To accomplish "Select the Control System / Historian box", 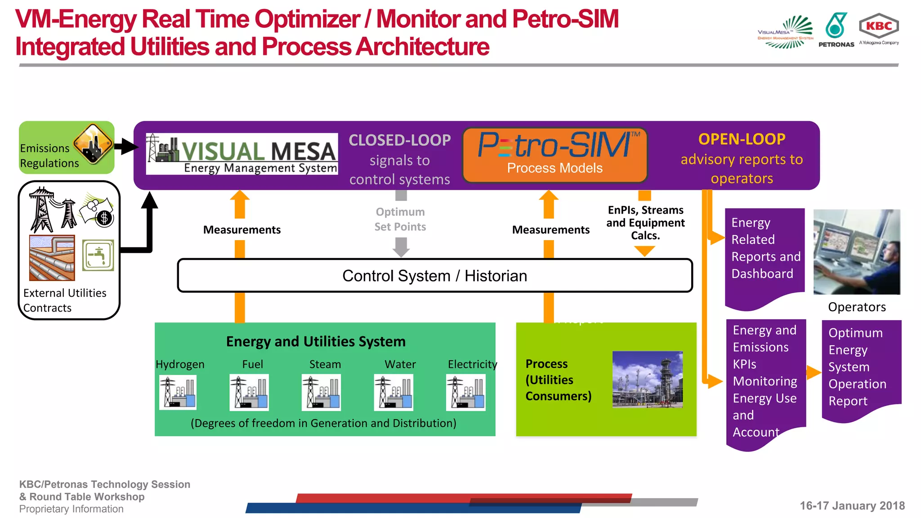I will click(434, 276).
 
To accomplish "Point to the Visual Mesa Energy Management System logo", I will click(242, 154).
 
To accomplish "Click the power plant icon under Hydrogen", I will click(178, 392).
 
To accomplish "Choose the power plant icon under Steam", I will click(321, 392).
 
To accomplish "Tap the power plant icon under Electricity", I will click(465, 392).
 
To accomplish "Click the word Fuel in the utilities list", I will click(252, 364).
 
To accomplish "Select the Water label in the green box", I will click(400, 364).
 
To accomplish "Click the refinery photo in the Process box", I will click(647, 380).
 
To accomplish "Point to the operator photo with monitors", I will click(857, 252).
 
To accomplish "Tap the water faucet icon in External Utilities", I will click(98, 255).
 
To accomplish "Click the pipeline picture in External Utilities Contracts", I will click(52, 258).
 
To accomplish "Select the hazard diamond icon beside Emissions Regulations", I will click(93, 143).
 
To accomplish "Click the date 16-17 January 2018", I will click(852, 506).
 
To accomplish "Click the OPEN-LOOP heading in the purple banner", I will click(742, 139).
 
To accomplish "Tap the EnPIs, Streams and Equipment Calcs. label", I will click(645, 223).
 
